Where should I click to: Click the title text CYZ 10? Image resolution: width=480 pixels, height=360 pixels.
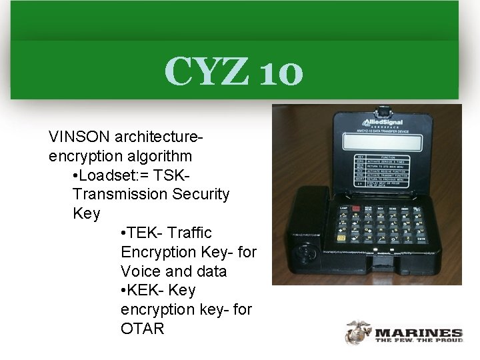pos(233,71)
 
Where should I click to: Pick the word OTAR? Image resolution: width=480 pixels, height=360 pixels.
pos(143,329)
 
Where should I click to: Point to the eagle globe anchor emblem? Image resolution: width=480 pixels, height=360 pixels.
pos(359,332)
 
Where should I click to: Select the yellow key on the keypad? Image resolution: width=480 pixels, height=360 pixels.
pos(342,237)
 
